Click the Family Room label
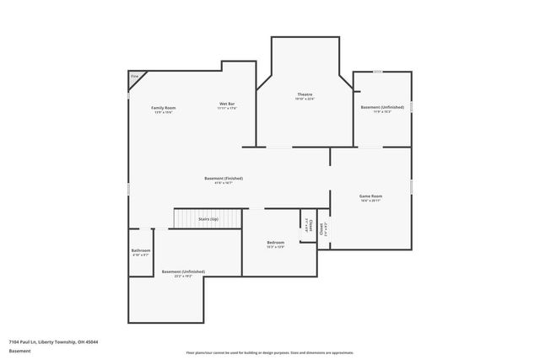coord(164,108)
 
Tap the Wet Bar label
coord(227,104)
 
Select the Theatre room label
coord(305,94)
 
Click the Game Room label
coord(371,196)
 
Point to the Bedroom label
coord(276,242)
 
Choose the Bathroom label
coord(141,250)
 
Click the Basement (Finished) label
coord(224,178)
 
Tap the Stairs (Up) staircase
coord(208,219)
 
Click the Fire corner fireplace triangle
coord(135,78)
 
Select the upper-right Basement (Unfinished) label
coord(382,107)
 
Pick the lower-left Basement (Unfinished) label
coord(183,271)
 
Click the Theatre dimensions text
coord(305,99)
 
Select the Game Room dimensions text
coord(371,201)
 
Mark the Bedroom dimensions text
coord(276,247)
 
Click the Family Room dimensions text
coord(164,113)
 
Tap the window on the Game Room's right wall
coord(412,185)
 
